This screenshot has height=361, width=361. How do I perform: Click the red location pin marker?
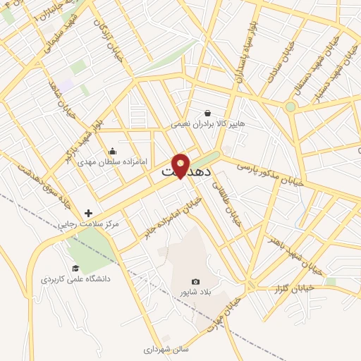[x=181, y=164]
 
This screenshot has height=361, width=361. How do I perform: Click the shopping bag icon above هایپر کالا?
[x=207, y=112]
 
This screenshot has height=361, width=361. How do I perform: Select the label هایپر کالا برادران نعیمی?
[x=208, y=123]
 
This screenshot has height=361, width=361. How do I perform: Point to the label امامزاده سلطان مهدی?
[x=113, y=161]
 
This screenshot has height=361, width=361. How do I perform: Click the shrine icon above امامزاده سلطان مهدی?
[x=112, y=150]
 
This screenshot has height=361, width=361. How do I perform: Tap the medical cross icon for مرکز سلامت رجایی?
[x=88, y=212]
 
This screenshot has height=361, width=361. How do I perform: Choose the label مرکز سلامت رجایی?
[x=90, y=224]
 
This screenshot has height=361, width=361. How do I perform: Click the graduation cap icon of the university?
[x=75, y=268]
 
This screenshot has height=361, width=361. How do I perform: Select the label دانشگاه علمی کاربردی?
[x=76, y=279]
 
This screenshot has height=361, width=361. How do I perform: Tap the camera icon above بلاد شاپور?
[x=195, y=282]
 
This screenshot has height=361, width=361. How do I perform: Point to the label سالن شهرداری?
[x=166, y=349]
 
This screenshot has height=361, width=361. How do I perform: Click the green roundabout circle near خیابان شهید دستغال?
[x=290, y=107]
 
